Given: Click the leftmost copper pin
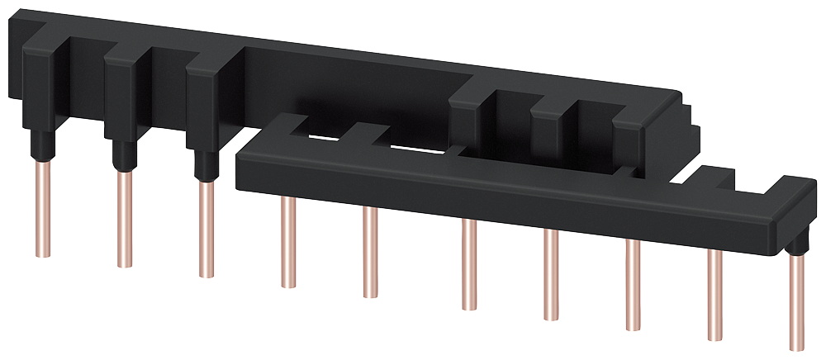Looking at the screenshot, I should click(x=40, y=211).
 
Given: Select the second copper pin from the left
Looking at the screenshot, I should click(x=124, y=219).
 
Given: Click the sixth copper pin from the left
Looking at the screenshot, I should click(x=468, y=263).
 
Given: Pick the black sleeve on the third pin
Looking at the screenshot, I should click(x=203, y=164).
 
